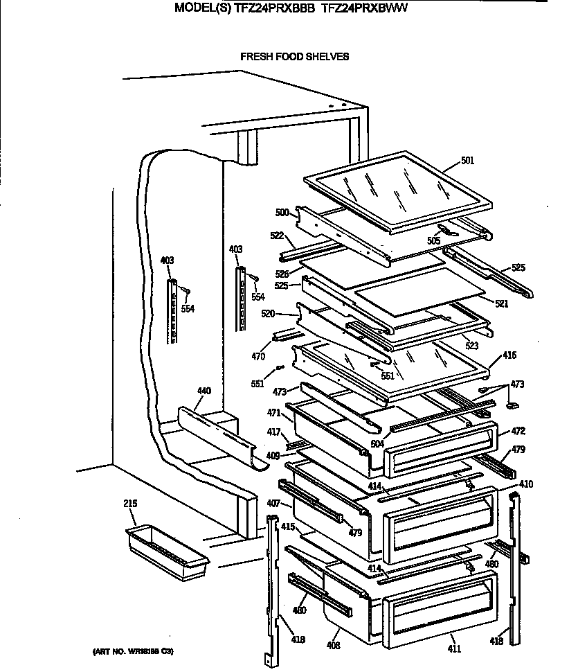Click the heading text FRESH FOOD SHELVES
tap(294, 57)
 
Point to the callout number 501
tap(467, 162)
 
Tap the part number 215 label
tap(130, 503)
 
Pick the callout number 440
tap(204, 391)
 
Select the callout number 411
tap(454, 648)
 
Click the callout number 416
tap(509, 355)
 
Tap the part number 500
tap(282, 212)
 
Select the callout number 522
tap(277, 236)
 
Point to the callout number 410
tap(526, 484)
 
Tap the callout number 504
tap(377, 443)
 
